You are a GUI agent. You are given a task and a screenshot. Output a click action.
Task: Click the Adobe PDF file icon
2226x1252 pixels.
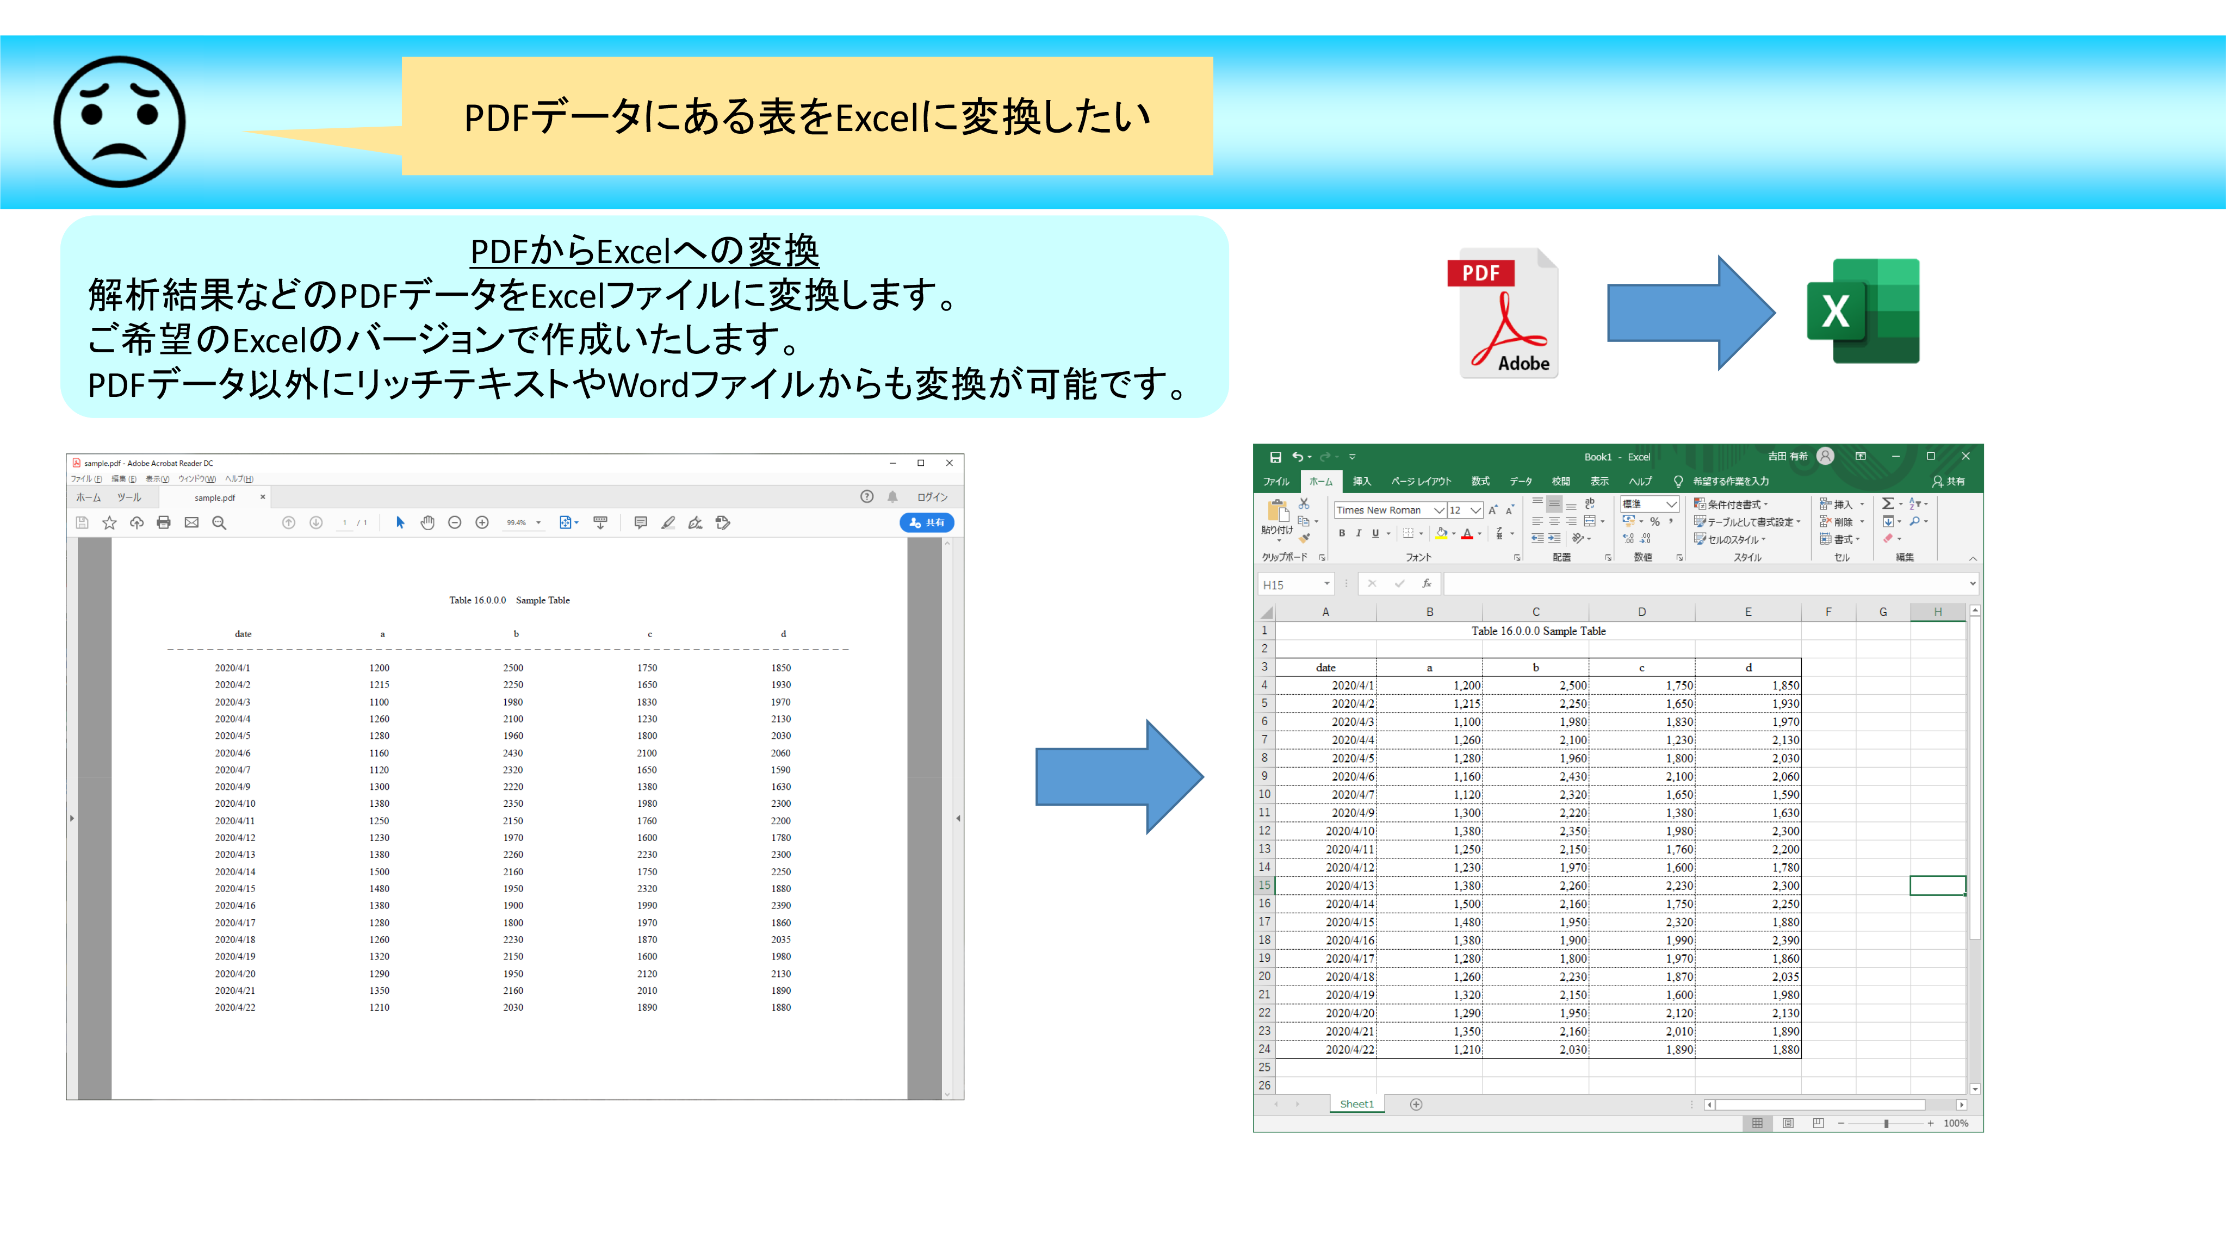pos(1504,313)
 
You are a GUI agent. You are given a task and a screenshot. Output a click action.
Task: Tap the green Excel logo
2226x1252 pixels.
pos(1863,311)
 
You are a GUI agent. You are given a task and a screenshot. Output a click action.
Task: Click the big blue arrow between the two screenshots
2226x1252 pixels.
pos(1119,776)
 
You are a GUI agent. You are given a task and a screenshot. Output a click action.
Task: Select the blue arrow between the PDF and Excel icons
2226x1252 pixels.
pos(1690,313)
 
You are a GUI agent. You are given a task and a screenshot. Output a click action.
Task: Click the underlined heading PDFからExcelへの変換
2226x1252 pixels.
pos(644,251)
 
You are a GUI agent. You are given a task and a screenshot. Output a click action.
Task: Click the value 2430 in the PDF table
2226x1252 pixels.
pos(513,752)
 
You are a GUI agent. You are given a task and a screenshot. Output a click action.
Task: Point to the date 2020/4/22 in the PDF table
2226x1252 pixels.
pos(235,1007)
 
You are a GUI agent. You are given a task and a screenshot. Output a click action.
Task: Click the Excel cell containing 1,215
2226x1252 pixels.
pos(1429,703)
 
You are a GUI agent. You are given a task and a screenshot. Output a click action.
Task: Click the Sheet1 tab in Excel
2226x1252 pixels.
pos(1357,1104)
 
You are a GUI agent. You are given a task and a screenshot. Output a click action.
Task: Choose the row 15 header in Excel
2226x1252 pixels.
pos(1264,885)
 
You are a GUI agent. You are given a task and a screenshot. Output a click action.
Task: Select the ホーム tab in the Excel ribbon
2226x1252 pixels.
pos(1320,481)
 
